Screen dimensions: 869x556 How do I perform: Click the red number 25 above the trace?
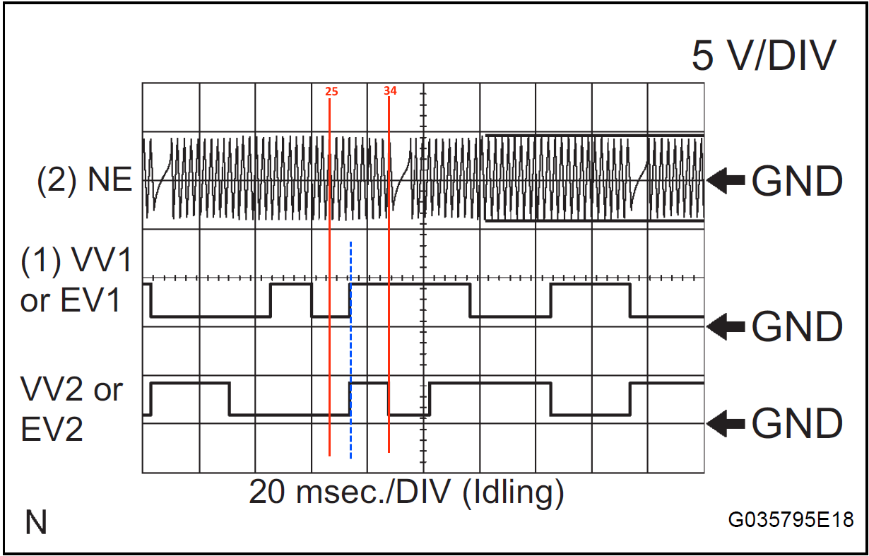pyautogui.click(x=331, y=92)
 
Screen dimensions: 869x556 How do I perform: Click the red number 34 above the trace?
pyautogui.click(x=390, y=91)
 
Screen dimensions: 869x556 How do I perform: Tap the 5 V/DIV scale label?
pyautogui.click(x=764, y=56)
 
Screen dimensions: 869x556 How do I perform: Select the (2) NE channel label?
pyautogui.click(x=85, y=179)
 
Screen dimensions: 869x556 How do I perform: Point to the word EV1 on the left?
pyautogui.click(x=90, y=300)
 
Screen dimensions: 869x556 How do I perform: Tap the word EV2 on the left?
pyautogui.click(x=52, y=429)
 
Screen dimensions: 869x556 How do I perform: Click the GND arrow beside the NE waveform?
pyautogui.click(x=726, y=180)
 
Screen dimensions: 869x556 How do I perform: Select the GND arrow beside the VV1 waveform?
pyautogui.click(x=726, y=326)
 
